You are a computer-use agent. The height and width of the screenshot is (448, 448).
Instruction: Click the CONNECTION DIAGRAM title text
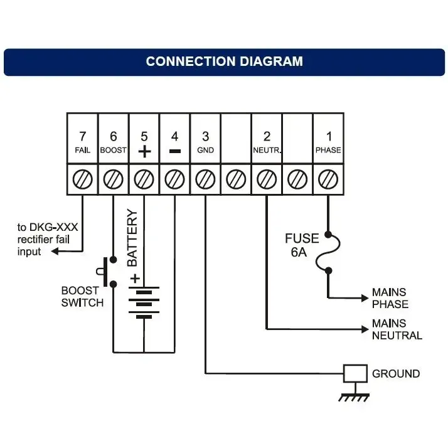click(224, 61)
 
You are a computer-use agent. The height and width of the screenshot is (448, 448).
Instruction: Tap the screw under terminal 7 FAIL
click(82, 179)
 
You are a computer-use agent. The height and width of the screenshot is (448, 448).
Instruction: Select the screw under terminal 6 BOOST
click(113, 179)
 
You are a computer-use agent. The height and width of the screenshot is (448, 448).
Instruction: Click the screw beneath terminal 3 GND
click(205, 179)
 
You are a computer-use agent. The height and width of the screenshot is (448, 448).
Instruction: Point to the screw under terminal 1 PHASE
click(328, 179)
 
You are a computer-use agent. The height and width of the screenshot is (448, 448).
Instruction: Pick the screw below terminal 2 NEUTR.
click(267, 179)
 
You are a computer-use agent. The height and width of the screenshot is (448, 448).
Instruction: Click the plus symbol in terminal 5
click(144, 151)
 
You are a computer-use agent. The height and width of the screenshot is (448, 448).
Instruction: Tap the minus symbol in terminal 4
click(174, 151)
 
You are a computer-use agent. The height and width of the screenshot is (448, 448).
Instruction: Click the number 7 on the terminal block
click(82, 136)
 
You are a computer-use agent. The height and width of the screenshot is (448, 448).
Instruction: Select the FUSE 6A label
click(302, 245)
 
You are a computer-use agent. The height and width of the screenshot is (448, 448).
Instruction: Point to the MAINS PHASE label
click(390, 298)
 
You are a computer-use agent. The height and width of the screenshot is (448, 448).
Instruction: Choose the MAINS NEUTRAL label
click(397, 329)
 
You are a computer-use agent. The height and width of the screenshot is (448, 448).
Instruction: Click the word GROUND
click(396, 374)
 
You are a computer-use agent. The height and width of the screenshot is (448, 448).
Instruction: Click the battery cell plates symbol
click(144, 304)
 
